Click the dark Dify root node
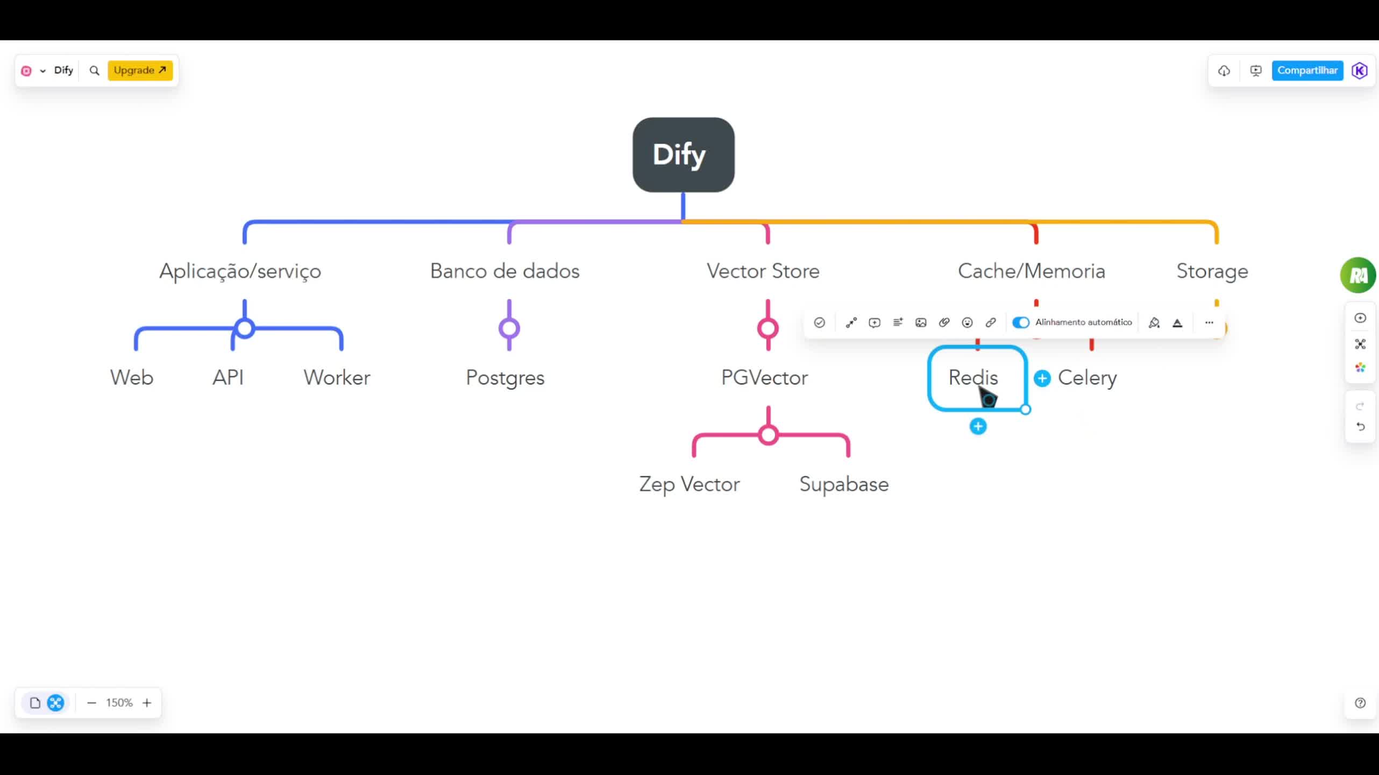(683, 154)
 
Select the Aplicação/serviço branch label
(240, 271)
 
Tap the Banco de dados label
(504, 271)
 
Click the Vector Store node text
(763, 271)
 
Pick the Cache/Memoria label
(1031, 271)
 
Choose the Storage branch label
(1212, 271)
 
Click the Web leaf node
(132, 377)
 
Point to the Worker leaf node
(337, 377)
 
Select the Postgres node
(505, 377)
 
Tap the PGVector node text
(764, 377)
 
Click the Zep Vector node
(689, 484)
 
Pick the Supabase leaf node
(844, 484)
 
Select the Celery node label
(1087, 377)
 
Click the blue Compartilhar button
(1307, 71)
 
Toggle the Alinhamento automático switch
(1020, 322)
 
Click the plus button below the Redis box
(978, 427)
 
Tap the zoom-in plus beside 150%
(147, 703)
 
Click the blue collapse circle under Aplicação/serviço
(245, 328)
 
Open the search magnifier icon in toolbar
(94, 71)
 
